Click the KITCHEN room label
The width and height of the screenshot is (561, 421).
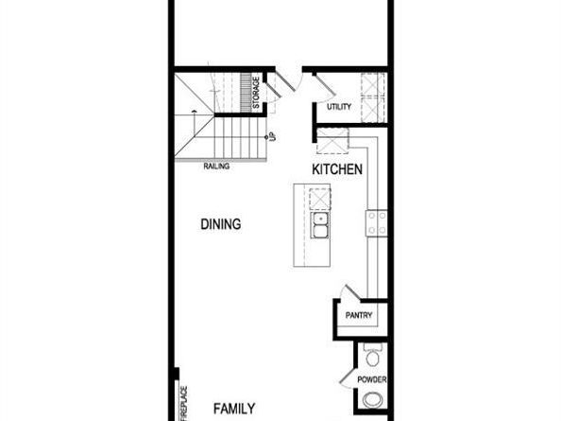(x=337, y=169)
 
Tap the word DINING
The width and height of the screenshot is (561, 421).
(x=220, y=224)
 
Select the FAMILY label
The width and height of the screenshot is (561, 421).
(x=233, y=409)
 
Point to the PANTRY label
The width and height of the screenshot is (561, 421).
(x=359, y=316)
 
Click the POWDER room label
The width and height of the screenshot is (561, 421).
(x=370, y=380)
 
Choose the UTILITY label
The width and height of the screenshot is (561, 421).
(x=338, y=107)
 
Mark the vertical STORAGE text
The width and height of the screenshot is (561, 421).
(x=256, y=93)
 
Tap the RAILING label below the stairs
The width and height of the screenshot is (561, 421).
(x=216, y=166)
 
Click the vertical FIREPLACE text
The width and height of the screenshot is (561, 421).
(x=184, y=401)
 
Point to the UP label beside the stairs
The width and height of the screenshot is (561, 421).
(x=271, y=137)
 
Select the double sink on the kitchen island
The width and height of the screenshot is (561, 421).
(x=320, y=226)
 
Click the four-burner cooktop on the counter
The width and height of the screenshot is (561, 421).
(x=377, y=223)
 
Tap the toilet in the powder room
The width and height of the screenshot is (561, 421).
(x=372, y=358)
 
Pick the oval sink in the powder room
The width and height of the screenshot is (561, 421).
(x=373, y=399)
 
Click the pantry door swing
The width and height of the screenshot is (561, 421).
(x=350, y=292)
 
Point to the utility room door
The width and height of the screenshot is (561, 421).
(x=323, y=85)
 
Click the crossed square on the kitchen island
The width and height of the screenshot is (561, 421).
(x=320, y=199)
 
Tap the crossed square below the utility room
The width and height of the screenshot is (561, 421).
(x=332, y=141)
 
